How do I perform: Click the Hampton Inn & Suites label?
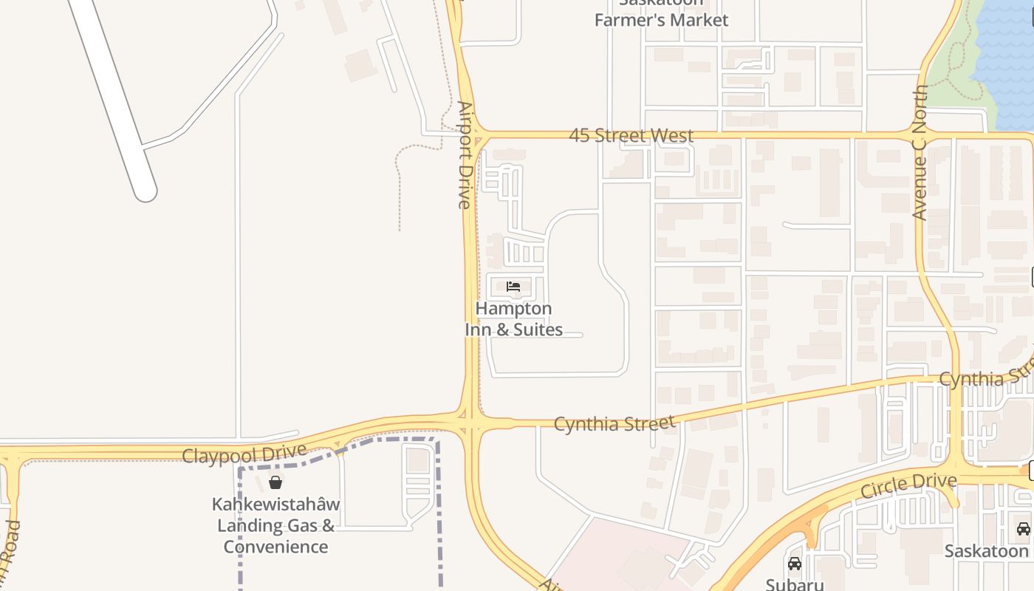513,319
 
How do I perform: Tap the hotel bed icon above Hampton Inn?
513,286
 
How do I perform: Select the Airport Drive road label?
465,155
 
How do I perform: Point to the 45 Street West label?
631,136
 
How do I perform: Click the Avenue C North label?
920,152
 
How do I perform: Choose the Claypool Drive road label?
244,453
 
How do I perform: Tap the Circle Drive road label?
908,485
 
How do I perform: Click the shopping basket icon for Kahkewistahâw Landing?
275,482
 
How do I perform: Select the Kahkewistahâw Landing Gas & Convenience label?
275,525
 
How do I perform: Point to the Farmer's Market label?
661,19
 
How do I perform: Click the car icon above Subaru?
795,564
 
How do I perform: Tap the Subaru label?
795,584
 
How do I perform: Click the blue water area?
1008,59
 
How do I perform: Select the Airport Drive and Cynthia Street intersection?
470,424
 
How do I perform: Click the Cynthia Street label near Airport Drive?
614,424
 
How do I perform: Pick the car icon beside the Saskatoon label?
1023,529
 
